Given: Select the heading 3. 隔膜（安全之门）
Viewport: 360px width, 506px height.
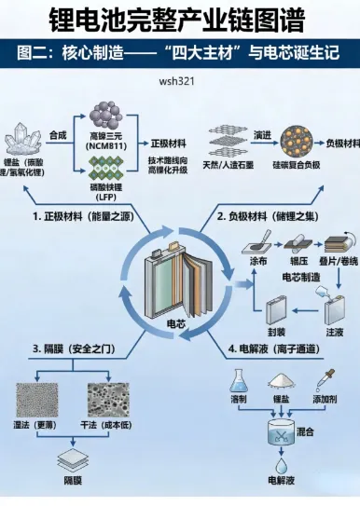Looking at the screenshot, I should (71, 349).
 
